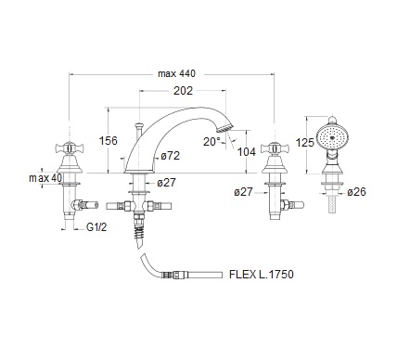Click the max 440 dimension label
pos(176,74)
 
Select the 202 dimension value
pos(183,91)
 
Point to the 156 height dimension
pos(109,141)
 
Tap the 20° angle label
pos(211,142)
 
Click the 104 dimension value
pos(247,152)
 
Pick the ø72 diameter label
pos(171,156)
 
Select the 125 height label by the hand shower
pos(305,143)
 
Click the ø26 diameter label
pos(356,192)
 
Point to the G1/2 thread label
pos(96,227)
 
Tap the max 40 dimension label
pos(45,178)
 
